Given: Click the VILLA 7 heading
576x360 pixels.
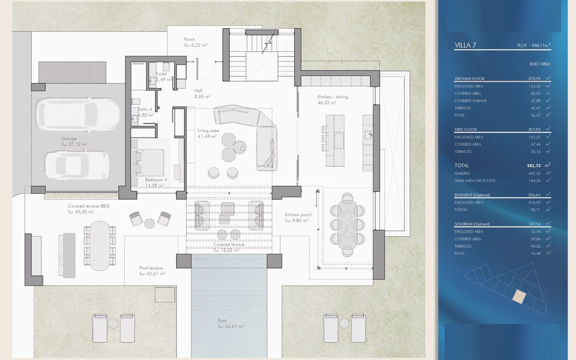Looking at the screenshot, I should pos(465,45).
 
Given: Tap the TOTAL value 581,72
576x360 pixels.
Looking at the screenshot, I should pos(534,166).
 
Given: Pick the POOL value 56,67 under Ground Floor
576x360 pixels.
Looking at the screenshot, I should pos(535,115).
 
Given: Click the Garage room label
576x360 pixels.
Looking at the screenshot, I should pos(69,139).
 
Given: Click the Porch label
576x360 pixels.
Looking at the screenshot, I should pos(189,39).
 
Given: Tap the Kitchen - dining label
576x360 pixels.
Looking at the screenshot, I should pos(332,97).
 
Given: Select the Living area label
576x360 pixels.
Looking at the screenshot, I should pos(208,131).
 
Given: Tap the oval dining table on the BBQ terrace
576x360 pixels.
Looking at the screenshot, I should pos(100,246).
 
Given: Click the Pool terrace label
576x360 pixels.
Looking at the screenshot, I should pos(151,268).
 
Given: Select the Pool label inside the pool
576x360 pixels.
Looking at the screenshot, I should pos(222,321).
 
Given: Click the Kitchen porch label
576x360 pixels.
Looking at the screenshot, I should pos(298,215).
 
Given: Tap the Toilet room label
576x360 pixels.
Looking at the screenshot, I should pos(161,74).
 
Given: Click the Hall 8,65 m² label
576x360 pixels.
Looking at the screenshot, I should pos(198,91).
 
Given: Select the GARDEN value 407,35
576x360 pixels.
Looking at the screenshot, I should pos(534,173).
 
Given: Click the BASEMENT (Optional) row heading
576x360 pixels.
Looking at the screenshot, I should pos(472,195).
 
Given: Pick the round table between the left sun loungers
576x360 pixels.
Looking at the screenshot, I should pos(113,323).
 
